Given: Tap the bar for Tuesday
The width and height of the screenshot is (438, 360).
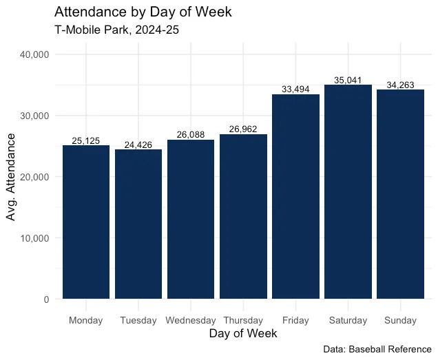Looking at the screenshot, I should pyautogui.click(x=138, y=224).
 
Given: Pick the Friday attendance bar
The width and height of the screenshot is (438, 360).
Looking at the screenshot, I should pyautogui.click(x=295, y=196).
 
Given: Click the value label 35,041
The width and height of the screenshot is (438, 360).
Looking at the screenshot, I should pyautogui.click(x=348, y=81).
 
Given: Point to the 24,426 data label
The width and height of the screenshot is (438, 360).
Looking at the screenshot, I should pyautogui.click(x=138, y=145).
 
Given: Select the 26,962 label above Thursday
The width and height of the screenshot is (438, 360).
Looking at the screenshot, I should pyautogui.click(x=243, y=129).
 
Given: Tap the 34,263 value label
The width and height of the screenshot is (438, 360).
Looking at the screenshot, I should pyautogui.click(x=400, y=85).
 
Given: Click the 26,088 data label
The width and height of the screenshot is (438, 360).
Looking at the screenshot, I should pyautogui.click(x=191, y=135).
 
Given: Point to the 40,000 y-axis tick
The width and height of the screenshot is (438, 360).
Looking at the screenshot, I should pyautogui.click(x=34, y=54).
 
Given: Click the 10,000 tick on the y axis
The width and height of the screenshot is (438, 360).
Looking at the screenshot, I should pyautogui.click(x=34, y=238).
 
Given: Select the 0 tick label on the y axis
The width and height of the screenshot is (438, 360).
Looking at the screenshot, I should pyautogui.click(x=45, y=299).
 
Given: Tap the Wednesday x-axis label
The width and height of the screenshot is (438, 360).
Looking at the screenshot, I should pyautogui.click(x=191, y=320).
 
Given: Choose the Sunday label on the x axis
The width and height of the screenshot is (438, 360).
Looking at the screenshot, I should pyautogui.click(x=400, y=320).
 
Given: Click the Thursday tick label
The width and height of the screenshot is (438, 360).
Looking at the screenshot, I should pyautogui.click(x=243, y=320).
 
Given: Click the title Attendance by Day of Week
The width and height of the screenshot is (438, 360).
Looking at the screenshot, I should pyautogui.click(x=143, y=12).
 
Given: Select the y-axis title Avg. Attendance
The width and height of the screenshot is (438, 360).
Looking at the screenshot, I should pyautogui.click(x=11, y=177).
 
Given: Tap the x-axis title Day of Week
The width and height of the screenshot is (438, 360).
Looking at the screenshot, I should pyautogui.click(x=243, y=334).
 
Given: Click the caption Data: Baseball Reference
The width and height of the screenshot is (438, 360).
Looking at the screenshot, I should pyautogui.click(x=377, y=350).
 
